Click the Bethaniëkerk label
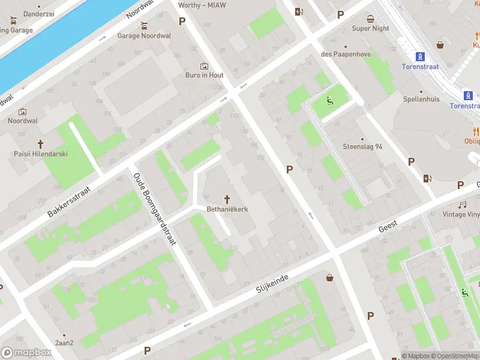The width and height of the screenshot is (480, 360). coord(228,209)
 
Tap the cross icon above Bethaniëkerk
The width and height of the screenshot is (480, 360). coord(228,199)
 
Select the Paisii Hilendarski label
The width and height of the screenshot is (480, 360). coord(41,154)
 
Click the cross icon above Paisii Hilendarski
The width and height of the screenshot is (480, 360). coord(41,144)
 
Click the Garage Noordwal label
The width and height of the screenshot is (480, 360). coord(144,36)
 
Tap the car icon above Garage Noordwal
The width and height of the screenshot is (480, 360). coord(144,26)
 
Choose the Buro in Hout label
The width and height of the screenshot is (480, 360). coord(204,76)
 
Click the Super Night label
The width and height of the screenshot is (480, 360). coord(370,29)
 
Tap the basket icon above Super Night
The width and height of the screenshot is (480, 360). coord(370,19)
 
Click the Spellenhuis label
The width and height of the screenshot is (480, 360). coord(421,99)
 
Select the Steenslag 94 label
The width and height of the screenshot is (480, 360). coord(362,146)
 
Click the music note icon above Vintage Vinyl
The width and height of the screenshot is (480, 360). coord(463,205)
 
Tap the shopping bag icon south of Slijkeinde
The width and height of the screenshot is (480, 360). coord(329,277)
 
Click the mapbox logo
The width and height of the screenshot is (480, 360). coord(26,352)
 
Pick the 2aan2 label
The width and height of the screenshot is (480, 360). coord(64,343)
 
